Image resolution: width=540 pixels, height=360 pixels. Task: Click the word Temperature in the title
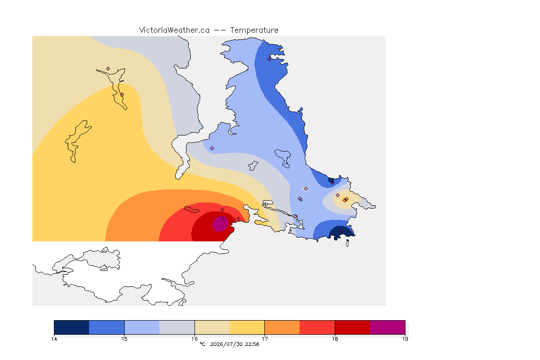(x=254, y=30)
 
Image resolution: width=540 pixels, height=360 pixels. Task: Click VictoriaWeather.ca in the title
(x=174, y=30)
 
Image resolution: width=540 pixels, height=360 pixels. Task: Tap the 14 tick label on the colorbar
(x=54, y=339)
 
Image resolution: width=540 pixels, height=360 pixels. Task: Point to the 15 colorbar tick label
(x=124, y=339)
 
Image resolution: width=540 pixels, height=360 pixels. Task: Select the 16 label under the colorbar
(x=195, y=339)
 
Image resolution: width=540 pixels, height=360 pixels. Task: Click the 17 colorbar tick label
(x=264, y=339)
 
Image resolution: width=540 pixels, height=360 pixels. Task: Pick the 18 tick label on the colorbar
(x=335, y=339)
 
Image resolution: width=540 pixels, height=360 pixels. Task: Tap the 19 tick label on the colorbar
(x=405, y=339)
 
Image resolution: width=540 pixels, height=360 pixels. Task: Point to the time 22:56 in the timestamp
(x=252, y=344)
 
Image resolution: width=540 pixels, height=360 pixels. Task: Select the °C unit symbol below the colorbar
(x=202, y=344)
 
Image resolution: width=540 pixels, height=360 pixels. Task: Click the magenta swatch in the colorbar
(x=388, y=327)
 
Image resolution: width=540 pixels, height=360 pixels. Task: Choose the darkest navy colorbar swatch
(x=72, y=327)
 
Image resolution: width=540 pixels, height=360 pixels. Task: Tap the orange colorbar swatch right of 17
(x=282, y=327)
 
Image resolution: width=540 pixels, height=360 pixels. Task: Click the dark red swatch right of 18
(x=352, y=327)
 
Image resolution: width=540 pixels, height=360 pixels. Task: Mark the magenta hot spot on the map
(x=220, y=224)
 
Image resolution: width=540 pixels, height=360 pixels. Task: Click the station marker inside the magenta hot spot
(x=223, y=219)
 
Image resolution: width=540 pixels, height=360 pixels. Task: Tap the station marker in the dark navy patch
(x=341, y=231)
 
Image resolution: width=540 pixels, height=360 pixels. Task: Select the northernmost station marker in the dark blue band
(x=270, y=59)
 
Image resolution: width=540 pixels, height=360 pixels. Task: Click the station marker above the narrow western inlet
(x=108, y=69)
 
